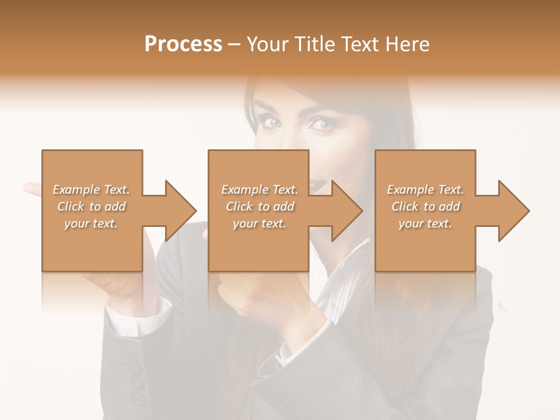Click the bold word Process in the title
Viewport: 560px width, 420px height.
coord(183,44)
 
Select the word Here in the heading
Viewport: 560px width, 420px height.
coord(408,44)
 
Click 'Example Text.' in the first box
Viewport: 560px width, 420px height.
coord(91,190)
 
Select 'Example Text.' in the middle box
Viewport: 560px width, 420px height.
coord(260,190)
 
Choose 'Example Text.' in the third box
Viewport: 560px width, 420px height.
coord(425,190)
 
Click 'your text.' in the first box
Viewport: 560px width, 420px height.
coord(91,223)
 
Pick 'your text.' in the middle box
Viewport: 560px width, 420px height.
coord(260,223)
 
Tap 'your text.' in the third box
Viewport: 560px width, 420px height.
coord(425,223)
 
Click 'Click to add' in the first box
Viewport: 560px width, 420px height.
coord(91,206)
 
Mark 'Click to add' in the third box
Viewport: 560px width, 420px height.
coord(425,206)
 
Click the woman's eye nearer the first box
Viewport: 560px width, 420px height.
coord(272,123)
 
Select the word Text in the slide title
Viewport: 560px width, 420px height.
coord(360,44)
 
